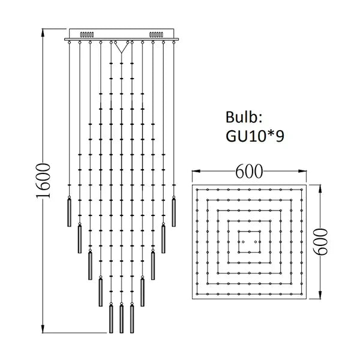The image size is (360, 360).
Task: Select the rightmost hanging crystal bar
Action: point(174,211)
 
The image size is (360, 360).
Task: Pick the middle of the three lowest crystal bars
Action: point(122,319)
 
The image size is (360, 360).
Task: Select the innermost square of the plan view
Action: point(249,242)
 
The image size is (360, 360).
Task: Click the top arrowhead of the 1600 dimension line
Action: point(43,29)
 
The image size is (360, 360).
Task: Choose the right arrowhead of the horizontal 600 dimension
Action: point(304,173)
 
